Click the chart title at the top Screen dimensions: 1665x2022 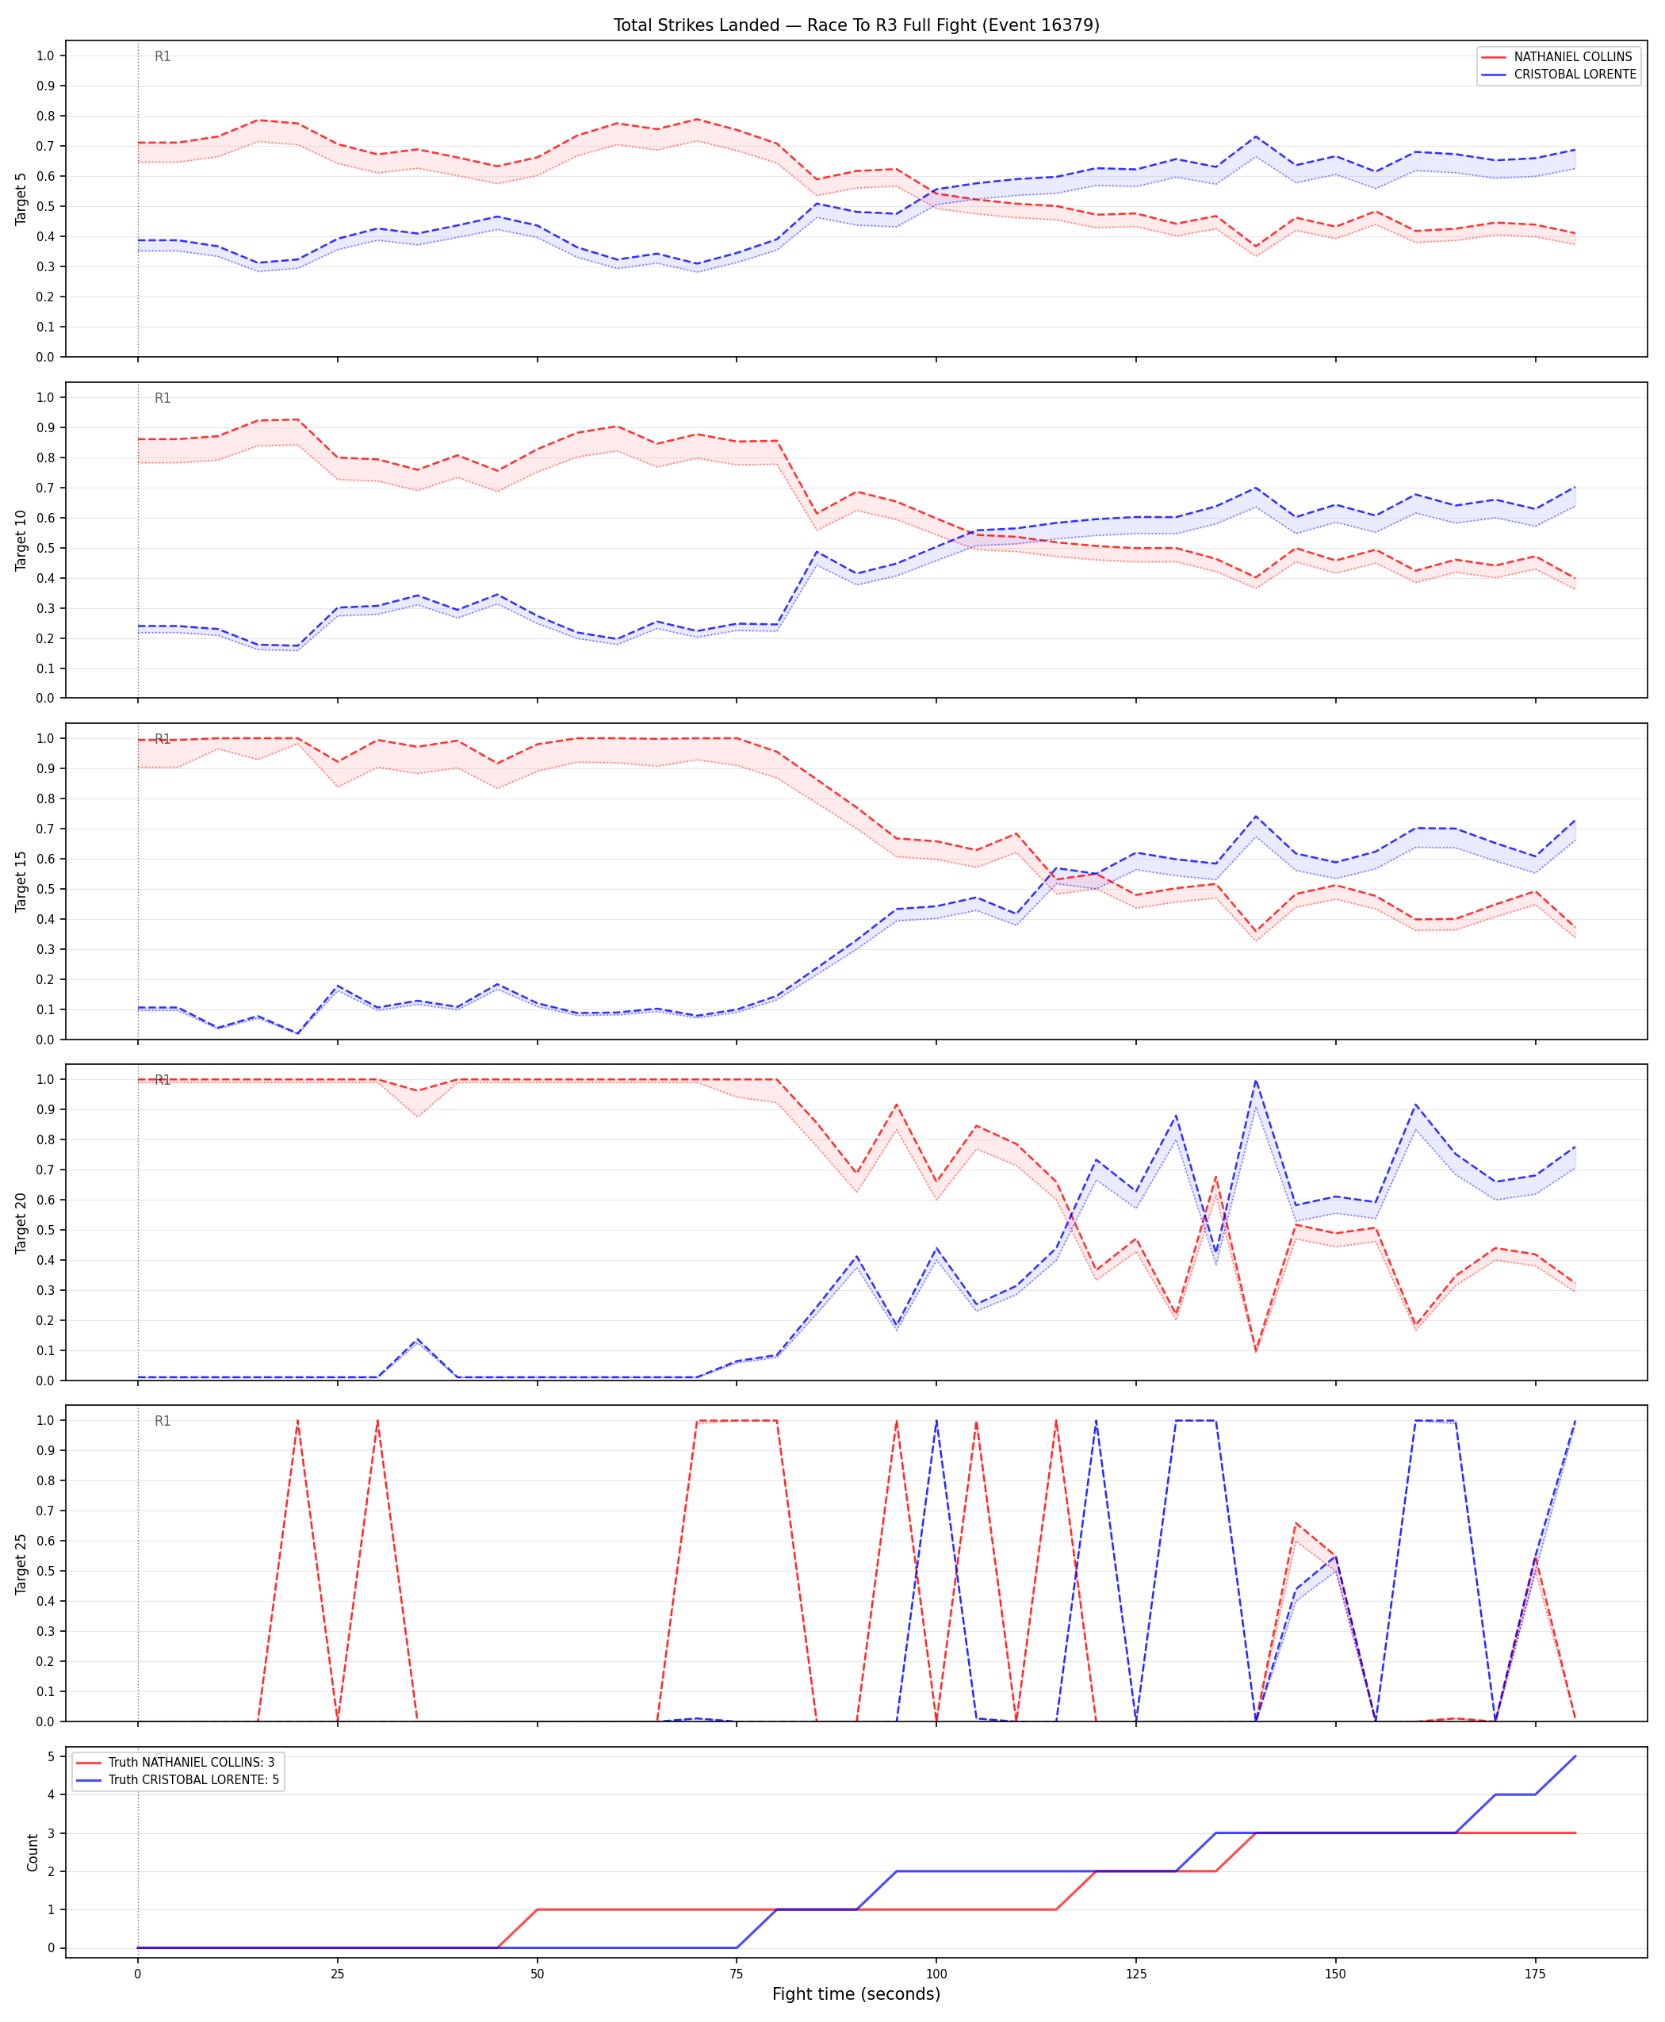click(x=856, y=25)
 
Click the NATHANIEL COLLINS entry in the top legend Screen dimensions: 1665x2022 click(x=1573, y=56)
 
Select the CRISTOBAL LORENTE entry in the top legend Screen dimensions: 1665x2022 click(x=1575, y=74)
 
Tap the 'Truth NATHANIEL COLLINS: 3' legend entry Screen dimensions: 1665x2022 click(x=192, y=1762)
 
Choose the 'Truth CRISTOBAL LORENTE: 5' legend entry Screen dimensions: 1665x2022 click(x=193, y=1779)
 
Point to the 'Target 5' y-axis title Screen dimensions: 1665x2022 click(x=21, y=198)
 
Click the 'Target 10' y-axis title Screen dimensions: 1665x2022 click(x=21, y=540)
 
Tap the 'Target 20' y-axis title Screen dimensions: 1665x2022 click(x=21, y=1222)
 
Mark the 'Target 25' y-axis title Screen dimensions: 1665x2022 click(x=21, y=1564)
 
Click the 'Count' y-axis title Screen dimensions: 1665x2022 click(x=33, y=1852)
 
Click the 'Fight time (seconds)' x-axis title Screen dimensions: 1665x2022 click(x=856, y=1994)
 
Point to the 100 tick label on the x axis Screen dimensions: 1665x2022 click(x=936, y=1974)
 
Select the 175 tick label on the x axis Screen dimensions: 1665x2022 click(x=1536, y=1974)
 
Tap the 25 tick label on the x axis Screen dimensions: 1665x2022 click(x=337, y=1974)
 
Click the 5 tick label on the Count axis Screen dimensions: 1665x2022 click(x=52, y=1756)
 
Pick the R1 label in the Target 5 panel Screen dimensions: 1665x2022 click(x=163, y=56)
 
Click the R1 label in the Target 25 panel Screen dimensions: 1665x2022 click(x=163, y=1421)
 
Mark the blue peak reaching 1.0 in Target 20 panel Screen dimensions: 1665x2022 click(x=1255, y=1080)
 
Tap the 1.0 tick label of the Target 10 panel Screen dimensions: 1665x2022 click(x=45, y=397)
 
